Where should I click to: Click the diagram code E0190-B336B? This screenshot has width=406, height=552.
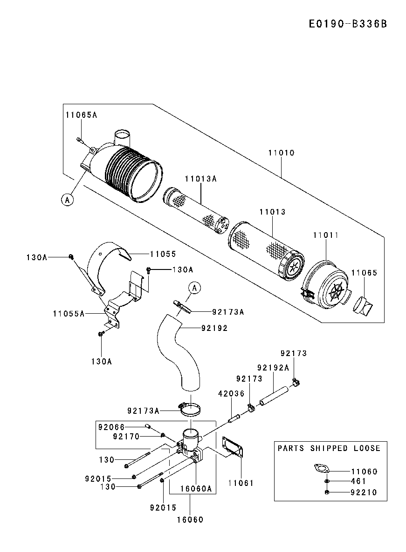348,24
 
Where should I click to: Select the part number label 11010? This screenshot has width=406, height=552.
281,153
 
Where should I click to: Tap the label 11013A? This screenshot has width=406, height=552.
201,179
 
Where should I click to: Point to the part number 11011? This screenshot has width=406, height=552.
326,235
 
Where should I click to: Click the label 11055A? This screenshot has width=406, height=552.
69,314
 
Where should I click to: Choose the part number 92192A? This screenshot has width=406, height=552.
273,368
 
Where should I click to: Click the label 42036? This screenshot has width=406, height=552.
231,394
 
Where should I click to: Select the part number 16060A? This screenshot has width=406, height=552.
196,489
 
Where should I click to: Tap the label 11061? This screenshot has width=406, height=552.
241,483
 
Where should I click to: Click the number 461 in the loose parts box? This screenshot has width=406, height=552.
359,481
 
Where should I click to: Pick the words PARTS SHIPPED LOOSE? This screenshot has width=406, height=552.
329,448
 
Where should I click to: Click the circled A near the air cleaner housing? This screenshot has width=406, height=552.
67,200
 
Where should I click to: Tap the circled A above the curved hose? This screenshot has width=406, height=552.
194,288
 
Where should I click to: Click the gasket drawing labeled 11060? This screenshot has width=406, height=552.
322,469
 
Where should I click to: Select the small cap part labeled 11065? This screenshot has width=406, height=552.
362,305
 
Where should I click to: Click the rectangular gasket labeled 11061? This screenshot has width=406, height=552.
233,447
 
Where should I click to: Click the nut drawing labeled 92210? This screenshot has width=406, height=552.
327,492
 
